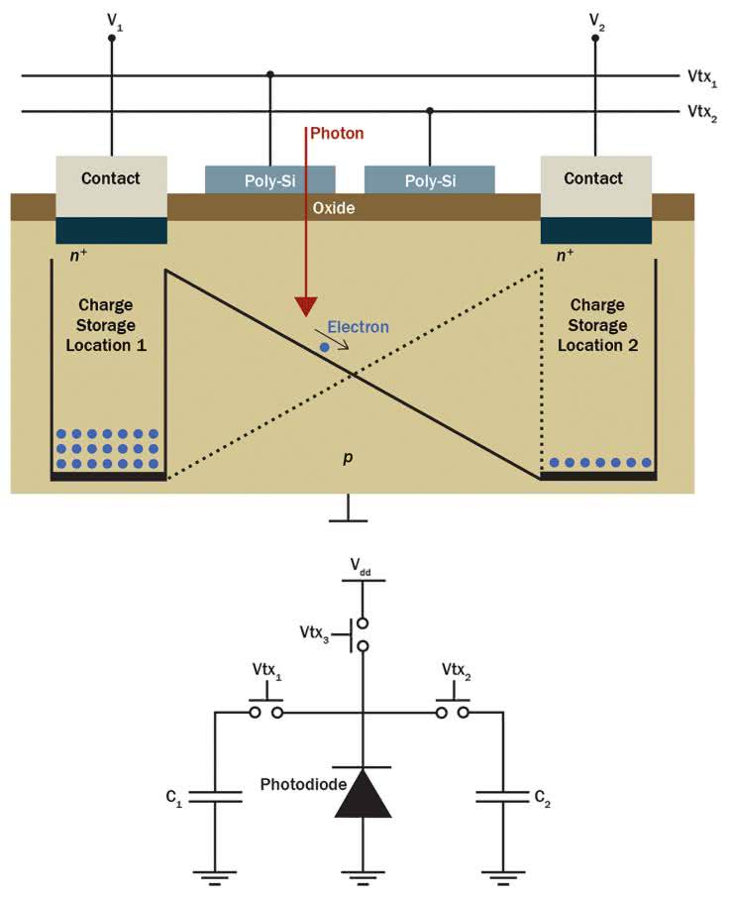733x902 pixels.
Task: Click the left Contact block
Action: click(111, 179)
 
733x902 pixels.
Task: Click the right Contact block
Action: click(595, 179)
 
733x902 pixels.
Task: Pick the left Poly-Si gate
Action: click(269, 180)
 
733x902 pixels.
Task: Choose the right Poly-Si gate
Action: click(430, 180)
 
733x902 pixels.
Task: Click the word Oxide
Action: click(334, 209)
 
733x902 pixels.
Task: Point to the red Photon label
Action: click(338, 133)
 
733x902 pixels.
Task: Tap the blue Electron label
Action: click(358, 326)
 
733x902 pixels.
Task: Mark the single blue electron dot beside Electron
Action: click(324, 347)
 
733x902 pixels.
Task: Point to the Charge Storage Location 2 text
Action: click(597, 325)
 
